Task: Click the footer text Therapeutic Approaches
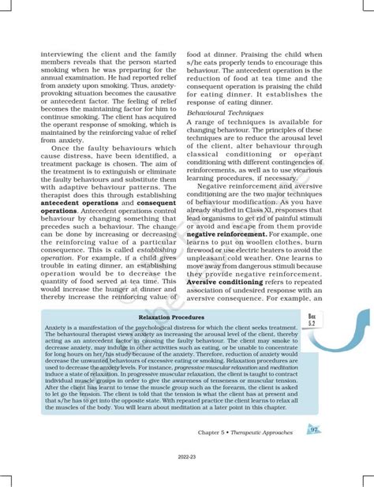click(265, 433)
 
